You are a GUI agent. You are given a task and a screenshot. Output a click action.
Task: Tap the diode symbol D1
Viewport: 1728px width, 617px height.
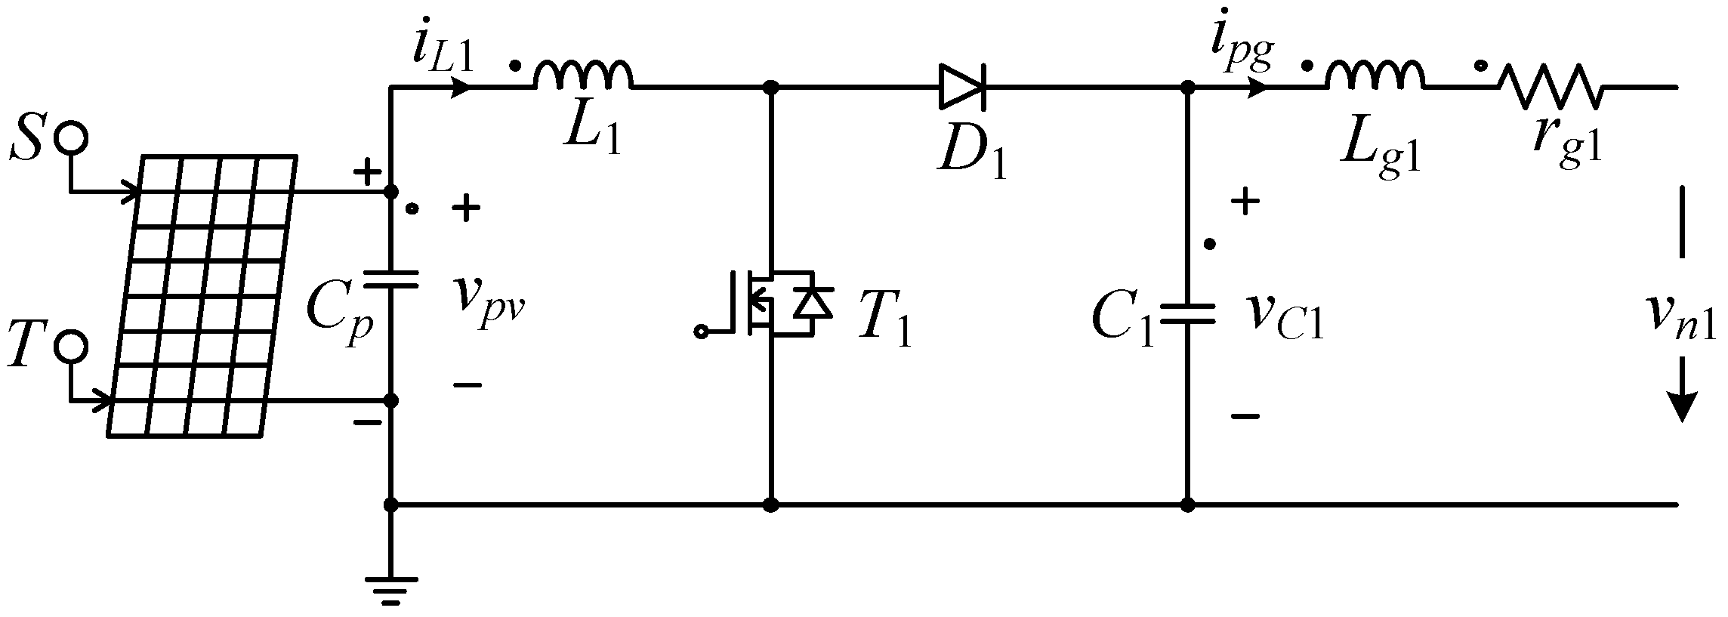[961, 88]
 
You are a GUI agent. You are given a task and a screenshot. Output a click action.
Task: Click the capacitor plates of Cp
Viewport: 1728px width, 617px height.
[390, 279]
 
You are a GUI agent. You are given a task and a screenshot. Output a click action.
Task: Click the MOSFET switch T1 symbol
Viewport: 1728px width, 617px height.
[770, 303]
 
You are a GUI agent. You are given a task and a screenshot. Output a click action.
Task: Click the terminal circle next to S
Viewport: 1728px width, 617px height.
[74, 138]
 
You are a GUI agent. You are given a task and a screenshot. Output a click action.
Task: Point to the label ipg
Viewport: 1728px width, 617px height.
[1242, 50]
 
